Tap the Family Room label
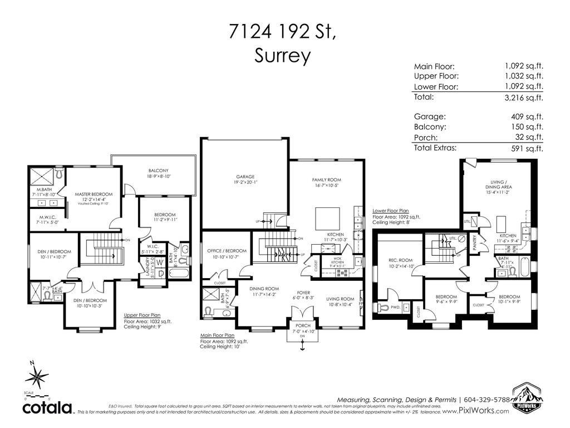click(326, 180)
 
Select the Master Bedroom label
click(90, 194)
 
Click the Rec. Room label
click(400, 260)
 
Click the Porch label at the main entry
click(303, 326)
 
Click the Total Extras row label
click(435, 148)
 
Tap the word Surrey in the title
click(282, 55)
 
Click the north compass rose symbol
click(37, 377)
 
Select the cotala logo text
click(47, 407)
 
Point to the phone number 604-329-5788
click(487, 400)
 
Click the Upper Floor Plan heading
click(142, 315)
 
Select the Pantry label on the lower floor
click(475, 242)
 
